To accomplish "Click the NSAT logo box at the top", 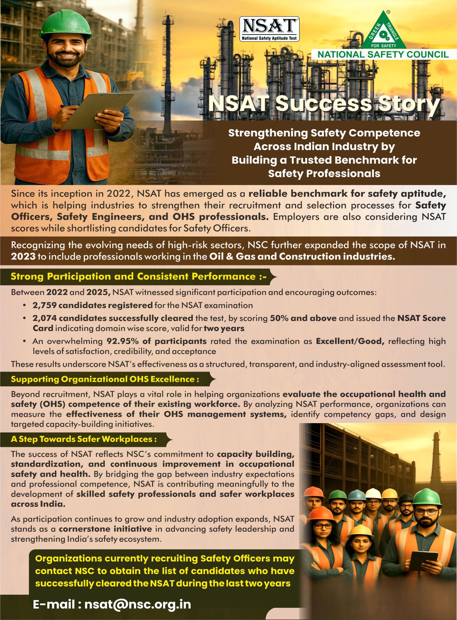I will point(269,29).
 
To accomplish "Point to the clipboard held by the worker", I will point(94,111).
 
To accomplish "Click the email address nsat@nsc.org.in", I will point(138,604).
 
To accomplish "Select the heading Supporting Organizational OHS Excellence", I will point(105,379).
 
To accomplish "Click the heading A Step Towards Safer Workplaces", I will point(84,439).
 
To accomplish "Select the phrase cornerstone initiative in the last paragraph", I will point(105,529).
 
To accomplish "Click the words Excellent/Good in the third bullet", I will point(350,341).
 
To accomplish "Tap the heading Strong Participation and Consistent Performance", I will point(138,276).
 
